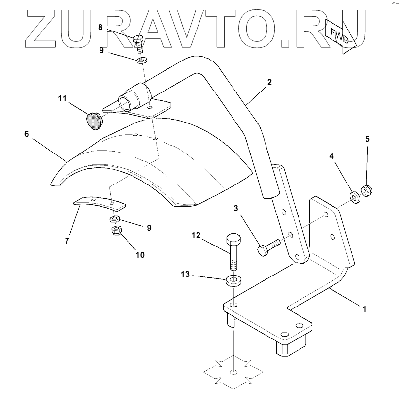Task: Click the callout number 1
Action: [364, 309]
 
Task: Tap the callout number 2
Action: [269, 83]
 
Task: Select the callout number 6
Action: [26, 133]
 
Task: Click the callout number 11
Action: [62, 99]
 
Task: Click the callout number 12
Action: [196, 236]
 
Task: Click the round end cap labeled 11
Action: [93, 121]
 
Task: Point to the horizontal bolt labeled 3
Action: [268, 245]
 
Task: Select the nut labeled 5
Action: [367, 189]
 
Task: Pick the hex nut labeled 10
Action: [117, 231]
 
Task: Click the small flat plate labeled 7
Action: [99, 202]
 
